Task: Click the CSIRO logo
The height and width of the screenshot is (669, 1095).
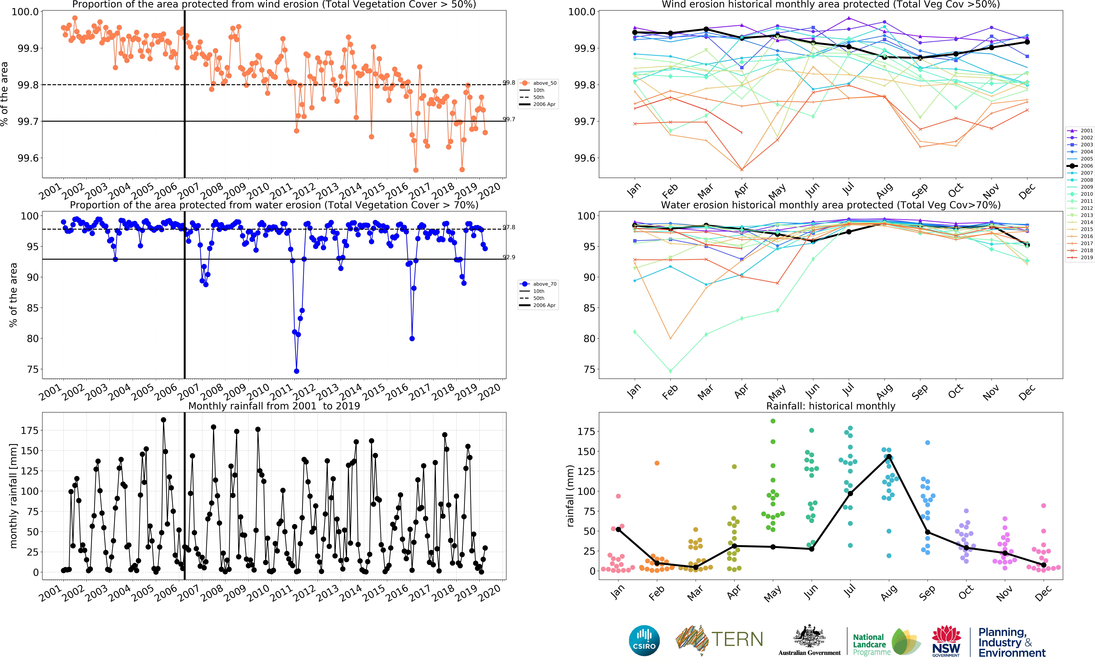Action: coord(644,640)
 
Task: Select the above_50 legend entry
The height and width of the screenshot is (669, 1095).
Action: coord(539,83)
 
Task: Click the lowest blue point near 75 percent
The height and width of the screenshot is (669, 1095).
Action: coord(296,371)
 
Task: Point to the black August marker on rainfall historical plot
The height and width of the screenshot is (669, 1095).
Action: coord(889,457)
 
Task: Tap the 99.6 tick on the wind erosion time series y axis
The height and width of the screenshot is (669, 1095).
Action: coord(28,158)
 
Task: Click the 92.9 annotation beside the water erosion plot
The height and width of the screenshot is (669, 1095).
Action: coord(509,257)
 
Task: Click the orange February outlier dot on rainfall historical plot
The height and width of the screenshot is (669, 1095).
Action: coord(657,463)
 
